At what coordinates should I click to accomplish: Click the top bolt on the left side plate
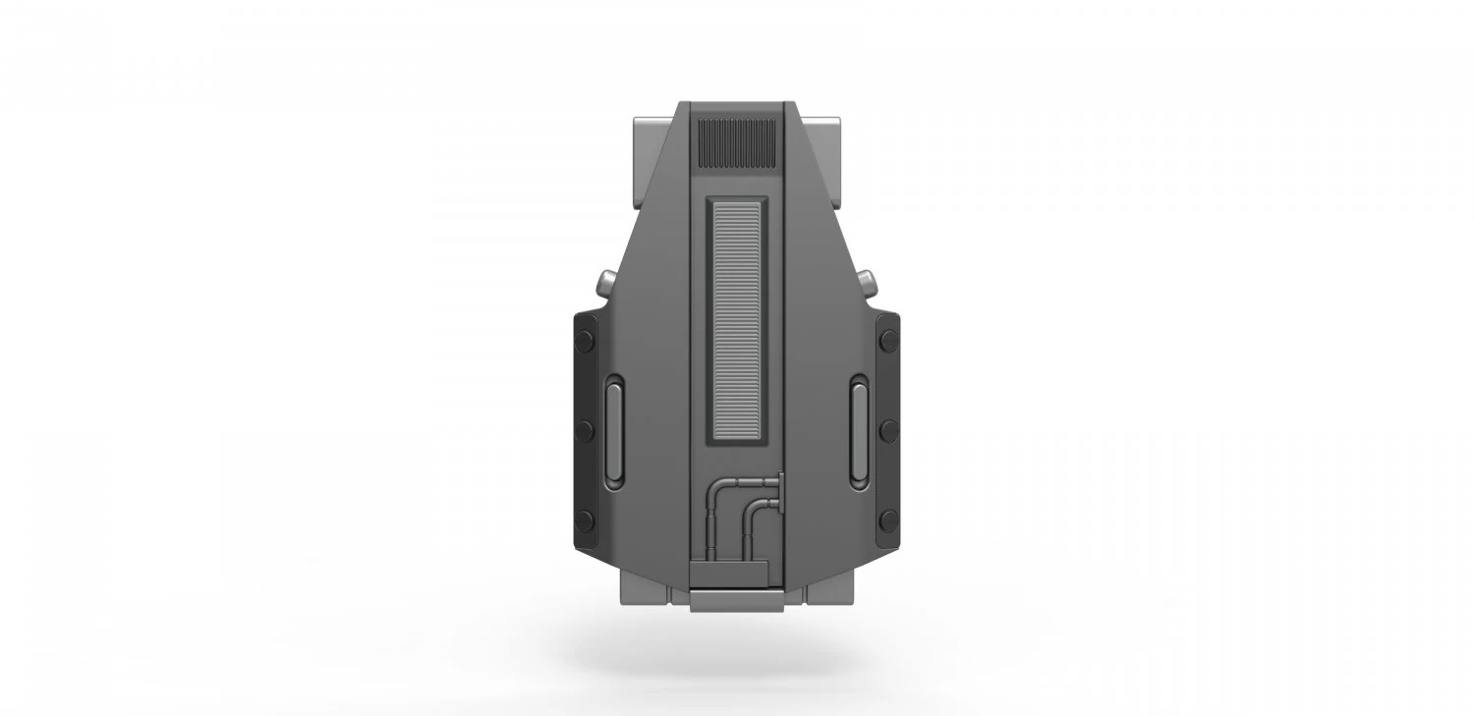[x=585, y=340]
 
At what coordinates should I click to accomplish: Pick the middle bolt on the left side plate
[x=585, y=429]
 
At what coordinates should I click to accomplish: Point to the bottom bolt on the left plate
[x=585, y=520]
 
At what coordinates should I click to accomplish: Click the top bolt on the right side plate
[x=889, y=340]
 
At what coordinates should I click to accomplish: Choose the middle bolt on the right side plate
[x=889, y=429]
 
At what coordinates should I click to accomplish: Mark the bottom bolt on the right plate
[x=889, y=520]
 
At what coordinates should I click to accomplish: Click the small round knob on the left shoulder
[x=605, y=285]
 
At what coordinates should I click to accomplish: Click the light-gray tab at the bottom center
[x=737, y=599]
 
